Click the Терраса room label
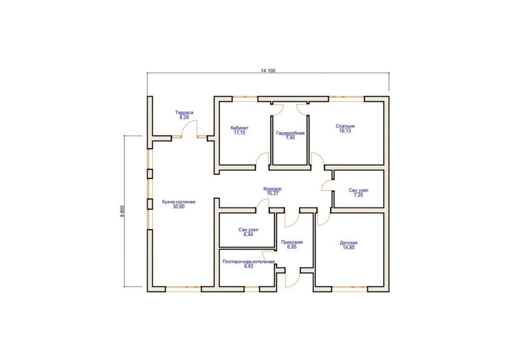click(184, 113)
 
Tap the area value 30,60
click(178, 206)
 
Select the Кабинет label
click(240, 128)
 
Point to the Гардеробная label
click(290, 133)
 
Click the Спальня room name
click(345, 126)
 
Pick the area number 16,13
click(345, 131)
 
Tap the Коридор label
click(272, 188)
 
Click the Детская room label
click(348, 243)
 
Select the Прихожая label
click(292, 242)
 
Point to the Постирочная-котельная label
click(249, 262)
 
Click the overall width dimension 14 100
click(268, 71)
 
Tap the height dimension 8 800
click(122, 211)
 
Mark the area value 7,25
click(358, 195)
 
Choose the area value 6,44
click(249, 234)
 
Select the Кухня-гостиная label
click(178, 202)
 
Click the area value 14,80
click(348, 247)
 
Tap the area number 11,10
click(240, 133)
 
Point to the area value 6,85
click(292, 247)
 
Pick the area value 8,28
click(184, 117)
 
